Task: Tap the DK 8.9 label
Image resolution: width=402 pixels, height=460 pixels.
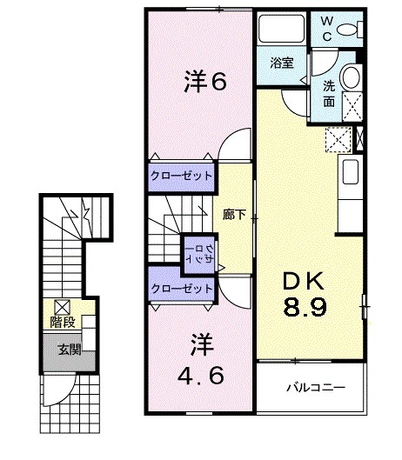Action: [x=303, y=294]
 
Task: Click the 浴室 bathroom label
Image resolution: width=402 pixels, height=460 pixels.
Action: [x=280, y=63]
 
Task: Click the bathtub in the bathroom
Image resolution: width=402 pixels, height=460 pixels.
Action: [x=281, y=30]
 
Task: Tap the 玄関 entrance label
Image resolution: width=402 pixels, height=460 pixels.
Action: [x=70, y=350]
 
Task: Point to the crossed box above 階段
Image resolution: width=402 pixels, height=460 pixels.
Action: [x=63, y=306]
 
